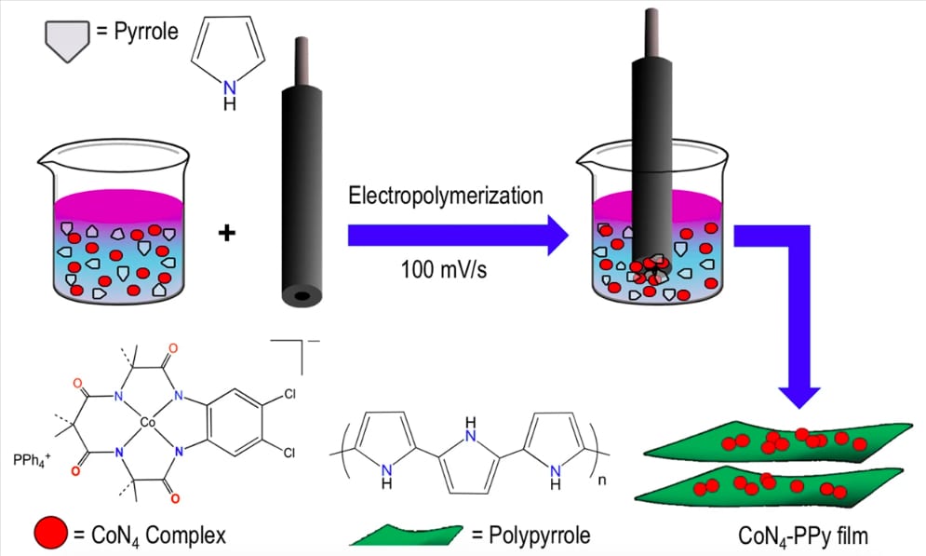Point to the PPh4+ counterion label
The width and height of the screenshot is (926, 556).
27,459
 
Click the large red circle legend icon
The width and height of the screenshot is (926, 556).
51,533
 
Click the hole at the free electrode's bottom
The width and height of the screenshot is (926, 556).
300,297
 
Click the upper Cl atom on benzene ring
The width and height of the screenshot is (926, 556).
289,393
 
